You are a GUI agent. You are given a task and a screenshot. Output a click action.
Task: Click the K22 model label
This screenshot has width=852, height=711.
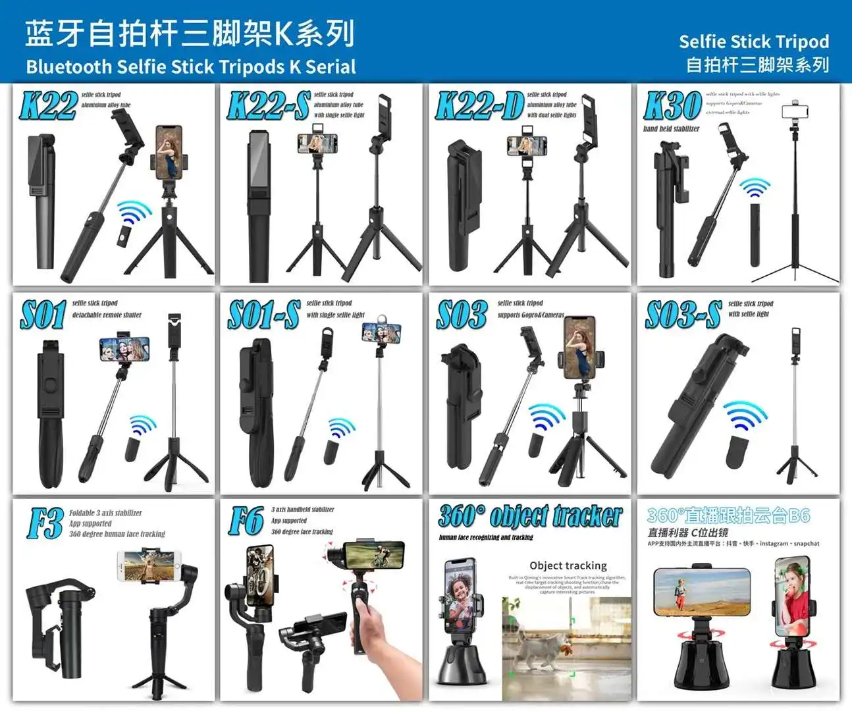[48, 106]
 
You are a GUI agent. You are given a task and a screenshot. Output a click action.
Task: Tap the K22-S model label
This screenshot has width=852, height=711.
[268, 106]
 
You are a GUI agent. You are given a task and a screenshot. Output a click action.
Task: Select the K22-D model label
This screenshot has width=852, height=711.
[479, 106]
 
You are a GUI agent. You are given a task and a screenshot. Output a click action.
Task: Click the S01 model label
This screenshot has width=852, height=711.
[43, 315]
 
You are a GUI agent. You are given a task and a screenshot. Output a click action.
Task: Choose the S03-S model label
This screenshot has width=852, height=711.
[683, 315]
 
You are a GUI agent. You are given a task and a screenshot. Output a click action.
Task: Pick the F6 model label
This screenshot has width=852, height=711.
[246, 522]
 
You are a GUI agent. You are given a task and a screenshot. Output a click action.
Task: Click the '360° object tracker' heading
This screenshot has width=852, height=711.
[530, 517]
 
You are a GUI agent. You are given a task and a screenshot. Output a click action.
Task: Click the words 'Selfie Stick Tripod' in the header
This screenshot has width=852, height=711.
[753, 41]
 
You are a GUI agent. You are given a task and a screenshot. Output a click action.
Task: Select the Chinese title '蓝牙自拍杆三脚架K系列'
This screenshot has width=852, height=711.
[190, 33]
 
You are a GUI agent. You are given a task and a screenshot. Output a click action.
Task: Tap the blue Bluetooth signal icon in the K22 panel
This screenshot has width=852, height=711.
[135, 214]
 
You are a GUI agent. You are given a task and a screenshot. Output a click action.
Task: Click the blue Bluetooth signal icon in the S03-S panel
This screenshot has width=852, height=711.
[746, 416]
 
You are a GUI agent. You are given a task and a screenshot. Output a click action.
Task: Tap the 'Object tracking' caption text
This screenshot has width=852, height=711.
[568, 566]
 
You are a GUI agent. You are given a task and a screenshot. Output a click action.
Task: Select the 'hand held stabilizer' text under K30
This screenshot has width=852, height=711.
[671, 129]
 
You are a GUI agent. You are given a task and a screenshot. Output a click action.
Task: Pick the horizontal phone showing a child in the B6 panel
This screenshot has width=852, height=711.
[701, 591]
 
